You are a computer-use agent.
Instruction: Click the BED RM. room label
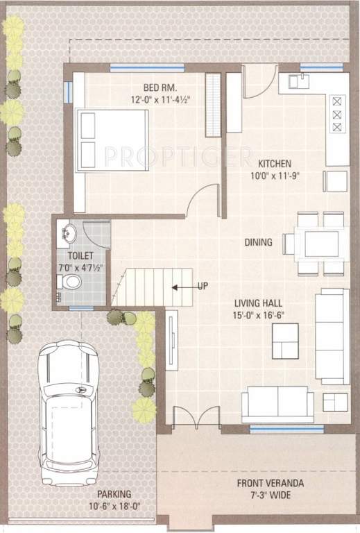click(160, 87)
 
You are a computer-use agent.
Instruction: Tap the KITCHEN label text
click(274, 164)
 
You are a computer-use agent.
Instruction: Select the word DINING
click(258, 243)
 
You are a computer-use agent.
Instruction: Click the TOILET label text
click(80, 255)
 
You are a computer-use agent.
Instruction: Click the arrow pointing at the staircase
click(182, 286)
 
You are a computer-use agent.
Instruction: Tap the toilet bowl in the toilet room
click(70, 282)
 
